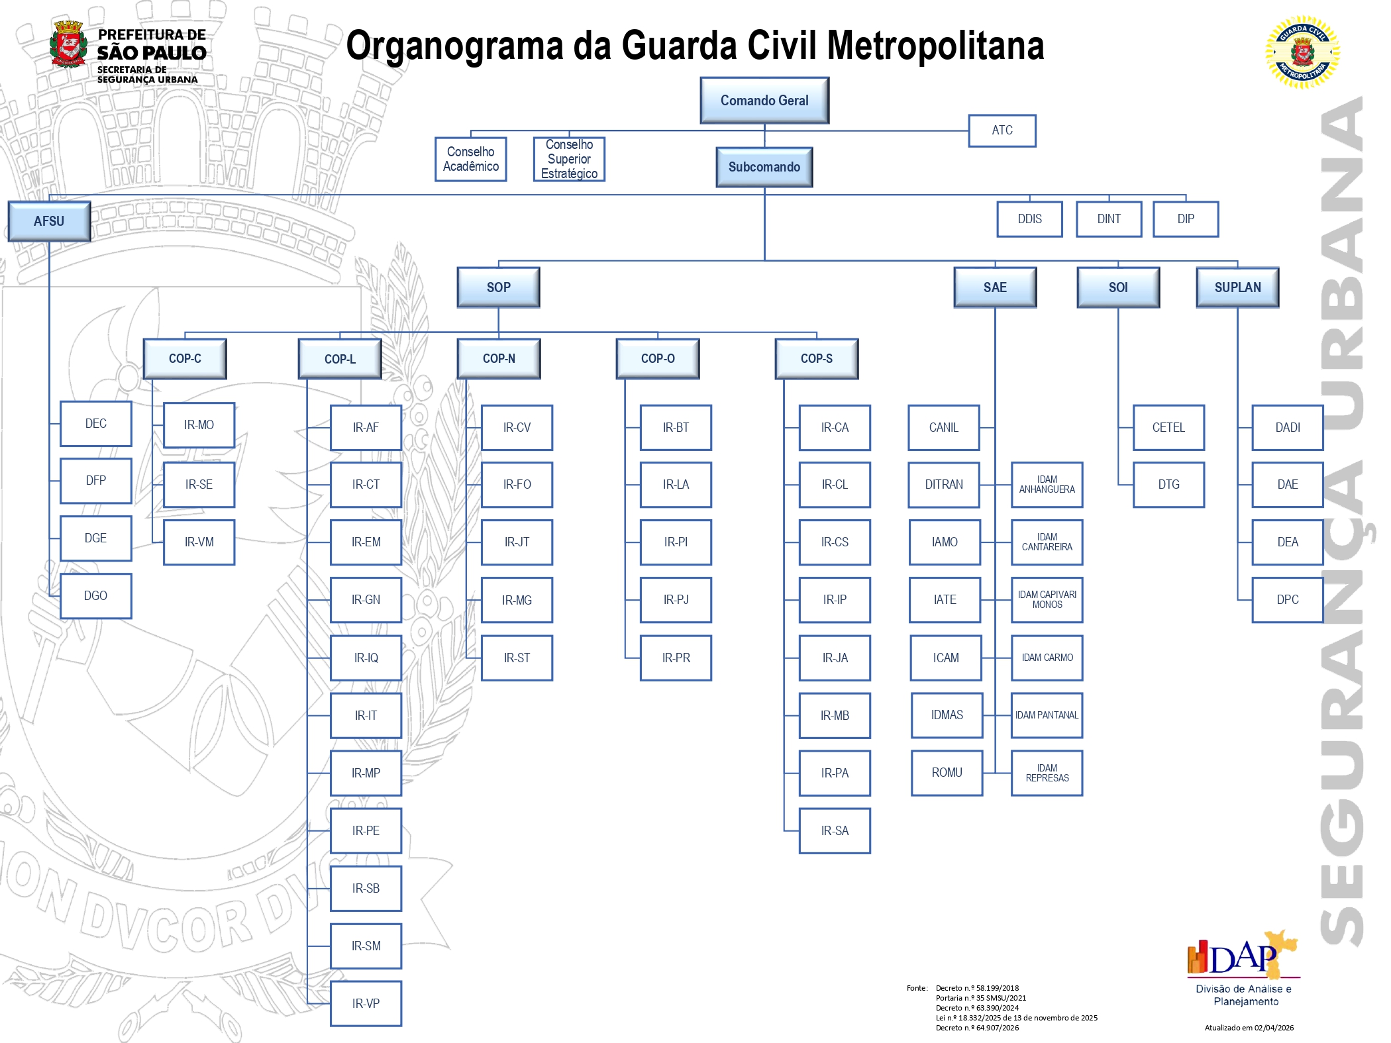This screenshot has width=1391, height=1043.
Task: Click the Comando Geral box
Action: tap(764, 101)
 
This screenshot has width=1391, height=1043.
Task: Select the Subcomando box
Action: tap(764, 167)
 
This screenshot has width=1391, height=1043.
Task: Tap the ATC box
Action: tap(1002, 130)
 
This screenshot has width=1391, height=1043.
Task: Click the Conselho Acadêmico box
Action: tap(470, 159)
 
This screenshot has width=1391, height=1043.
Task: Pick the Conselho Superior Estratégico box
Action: tap(569, 159)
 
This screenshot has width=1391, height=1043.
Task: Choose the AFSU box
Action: tap(49, 221)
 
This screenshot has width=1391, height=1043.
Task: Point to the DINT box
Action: tap(1109, 219)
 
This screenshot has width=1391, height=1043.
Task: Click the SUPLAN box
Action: tap(1237, 287)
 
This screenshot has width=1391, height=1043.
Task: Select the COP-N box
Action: tap(499, 359)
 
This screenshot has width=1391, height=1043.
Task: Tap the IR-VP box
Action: tap(366, 1003)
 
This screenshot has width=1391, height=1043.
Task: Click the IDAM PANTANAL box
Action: tap(1047, 715)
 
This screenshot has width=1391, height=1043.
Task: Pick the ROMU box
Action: tap(947, 773)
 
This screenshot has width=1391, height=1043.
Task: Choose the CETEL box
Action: tap(1168, 428)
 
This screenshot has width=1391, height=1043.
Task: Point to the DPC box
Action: tap(1288, 600)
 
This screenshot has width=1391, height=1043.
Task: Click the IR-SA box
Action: tap(835, 830)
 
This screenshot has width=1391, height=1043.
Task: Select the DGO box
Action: tap(95, 596)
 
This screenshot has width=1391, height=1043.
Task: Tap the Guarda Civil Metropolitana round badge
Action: tap(1302, 52)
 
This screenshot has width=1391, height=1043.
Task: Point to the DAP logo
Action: tap(1243, 957)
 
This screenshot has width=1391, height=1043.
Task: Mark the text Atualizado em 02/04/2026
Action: tap(1249, 1028)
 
